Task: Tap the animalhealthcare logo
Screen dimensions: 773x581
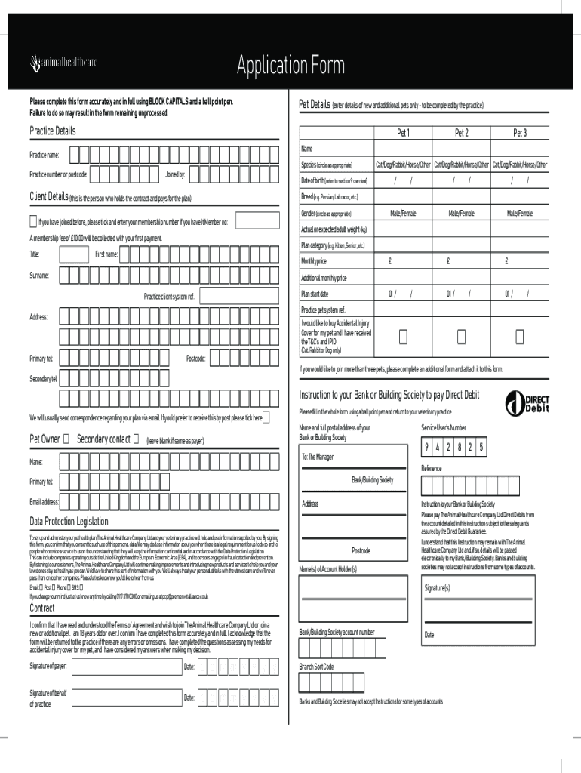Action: tap(63, 61)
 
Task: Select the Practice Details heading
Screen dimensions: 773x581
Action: tap(53, 131)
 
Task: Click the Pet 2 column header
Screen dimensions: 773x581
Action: tap(461, 133)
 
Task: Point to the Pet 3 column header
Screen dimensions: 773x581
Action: tap(519, 133)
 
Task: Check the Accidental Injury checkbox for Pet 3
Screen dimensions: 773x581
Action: tap(519, 334)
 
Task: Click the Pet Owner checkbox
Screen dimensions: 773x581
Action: tap(67, 439)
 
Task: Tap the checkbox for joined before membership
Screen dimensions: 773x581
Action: tap(32, 222)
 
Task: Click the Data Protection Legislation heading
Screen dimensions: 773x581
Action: tap(69, 521)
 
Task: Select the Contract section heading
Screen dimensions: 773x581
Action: tap(41, 608)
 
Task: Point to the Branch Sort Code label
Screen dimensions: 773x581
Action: tap(316, 667)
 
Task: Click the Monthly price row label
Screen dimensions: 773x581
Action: tap(314, 261)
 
